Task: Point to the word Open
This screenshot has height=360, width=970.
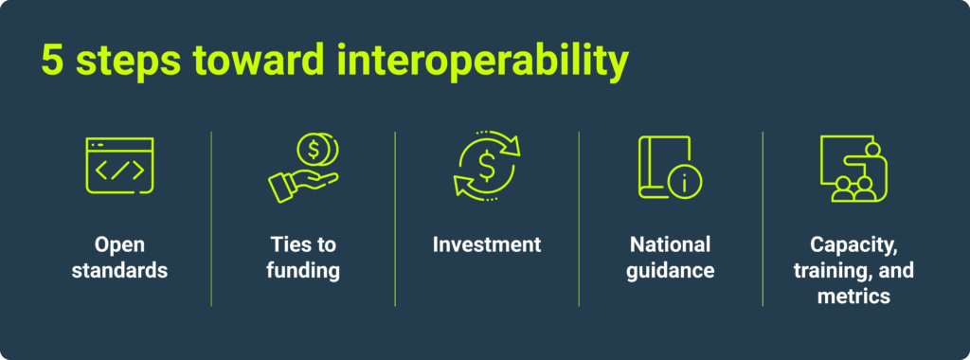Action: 119,244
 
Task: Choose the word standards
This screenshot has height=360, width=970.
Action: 119,271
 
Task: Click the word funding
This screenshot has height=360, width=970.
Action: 302,271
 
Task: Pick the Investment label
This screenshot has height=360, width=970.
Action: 487,244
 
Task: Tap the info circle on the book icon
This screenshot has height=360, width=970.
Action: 683,183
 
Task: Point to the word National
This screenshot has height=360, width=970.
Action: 670,244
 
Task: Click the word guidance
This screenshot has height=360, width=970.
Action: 670,271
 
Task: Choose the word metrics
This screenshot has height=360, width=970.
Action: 853,297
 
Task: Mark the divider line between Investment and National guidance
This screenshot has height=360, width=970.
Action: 579,219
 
